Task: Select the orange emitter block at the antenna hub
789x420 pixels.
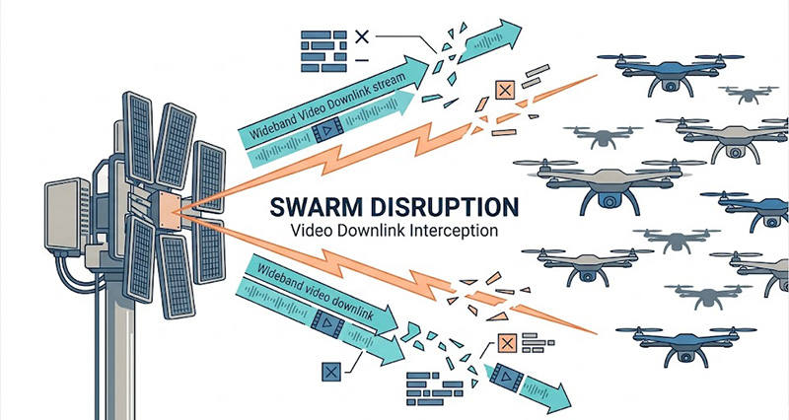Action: [167, 206]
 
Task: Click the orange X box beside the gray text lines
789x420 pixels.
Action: [508, 344]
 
